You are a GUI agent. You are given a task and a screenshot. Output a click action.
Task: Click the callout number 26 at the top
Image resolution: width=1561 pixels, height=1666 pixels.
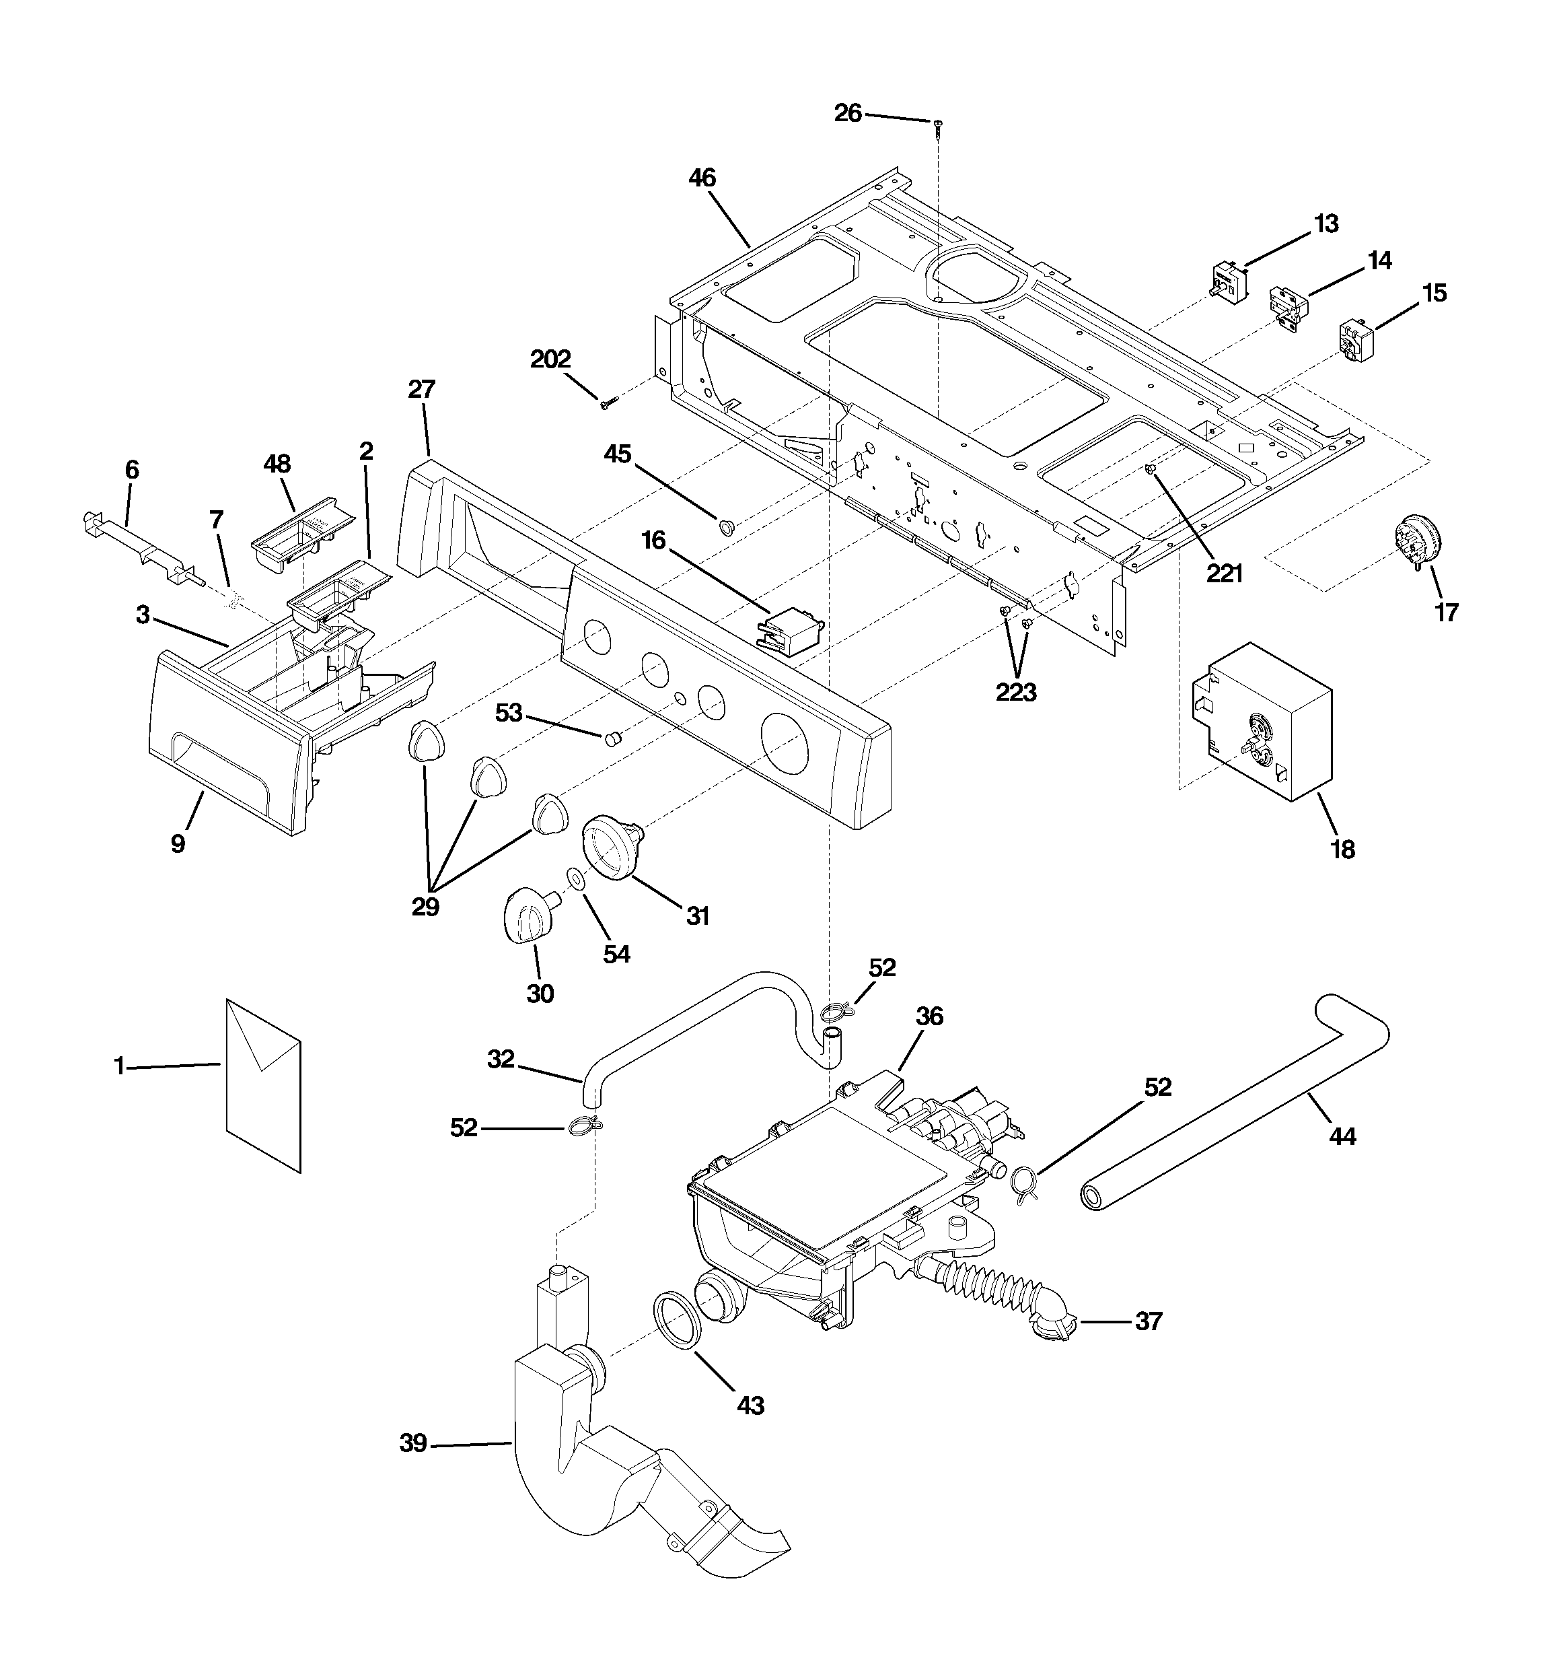847,113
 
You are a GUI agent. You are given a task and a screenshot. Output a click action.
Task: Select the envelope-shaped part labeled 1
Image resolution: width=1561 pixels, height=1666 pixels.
263,1084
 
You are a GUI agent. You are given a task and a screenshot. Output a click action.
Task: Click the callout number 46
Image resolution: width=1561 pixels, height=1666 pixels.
702,178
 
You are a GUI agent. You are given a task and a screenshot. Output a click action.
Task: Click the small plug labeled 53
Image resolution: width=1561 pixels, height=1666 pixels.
614,738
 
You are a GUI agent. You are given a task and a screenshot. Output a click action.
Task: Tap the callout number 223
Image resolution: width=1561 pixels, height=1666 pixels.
1015,692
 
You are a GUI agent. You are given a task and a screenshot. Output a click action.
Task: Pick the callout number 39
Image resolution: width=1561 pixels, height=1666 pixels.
412,1443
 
